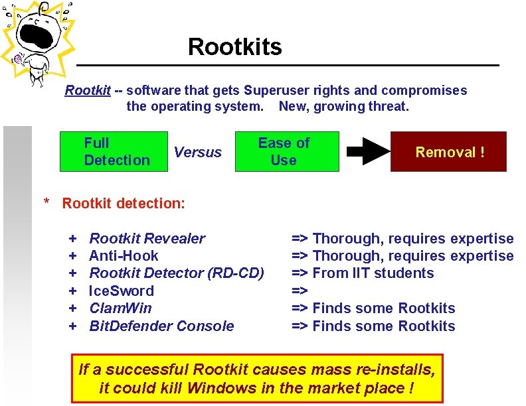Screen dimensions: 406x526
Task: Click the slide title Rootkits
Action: pos(234,47)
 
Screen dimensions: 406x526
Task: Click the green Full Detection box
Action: pos(113,151)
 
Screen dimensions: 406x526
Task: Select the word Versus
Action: pos(197,152)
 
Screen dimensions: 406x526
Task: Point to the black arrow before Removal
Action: pos(368,152)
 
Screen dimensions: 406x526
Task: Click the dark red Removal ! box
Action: pos(449,152)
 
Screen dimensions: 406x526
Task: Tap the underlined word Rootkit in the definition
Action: pos(87,90)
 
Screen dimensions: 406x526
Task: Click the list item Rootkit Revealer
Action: pos(147,238)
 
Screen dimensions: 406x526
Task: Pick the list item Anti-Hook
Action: pos(124,255)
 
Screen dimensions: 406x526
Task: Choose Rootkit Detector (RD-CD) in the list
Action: pos(176,273)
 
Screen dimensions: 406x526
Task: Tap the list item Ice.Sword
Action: pos(122,291)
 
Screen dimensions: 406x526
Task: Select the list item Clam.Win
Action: pos(120,308)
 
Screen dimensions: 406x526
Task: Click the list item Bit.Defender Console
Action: pos(161,326)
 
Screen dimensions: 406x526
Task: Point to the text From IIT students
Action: pos(373,273)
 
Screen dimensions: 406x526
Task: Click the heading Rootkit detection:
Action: pos(124,203)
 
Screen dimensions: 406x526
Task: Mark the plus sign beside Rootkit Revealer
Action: pos(73,238)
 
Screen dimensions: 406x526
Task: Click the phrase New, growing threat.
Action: pos(343,106)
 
